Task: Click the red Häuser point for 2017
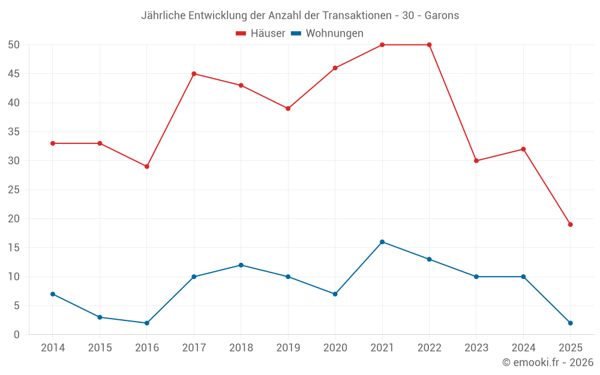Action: [194, 74]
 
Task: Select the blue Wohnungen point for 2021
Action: [382, 242]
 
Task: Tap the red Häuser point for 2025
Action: [571, 224]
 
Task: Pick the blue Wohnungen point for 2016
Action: [147, 323]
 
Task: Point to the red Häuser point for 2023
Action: [476, 161]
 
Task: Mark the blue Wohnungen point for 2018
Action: [241, 265]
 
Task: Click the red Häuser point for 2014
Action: [53, 143]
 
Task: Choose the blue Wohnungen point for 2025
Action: [571, 323]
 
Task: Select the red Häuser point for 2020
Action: [335, 68]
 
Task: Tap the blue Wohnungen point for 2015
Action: [100, 317]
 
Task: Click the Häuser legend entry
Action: [260, 34]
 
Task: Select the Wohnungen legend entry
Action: [327, 34]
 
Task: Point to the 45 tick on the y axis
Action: [14, 74]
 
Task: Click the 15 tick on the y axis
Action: [14, 248]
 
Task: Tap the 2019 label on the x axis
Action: [288, 348]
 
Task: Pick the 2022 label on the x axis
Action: [429, 348]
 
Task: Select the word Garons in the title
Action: [442, 16]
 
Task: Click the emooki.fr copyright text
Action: [548, 362]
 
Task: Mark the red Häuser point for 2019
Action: [288, 109]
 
